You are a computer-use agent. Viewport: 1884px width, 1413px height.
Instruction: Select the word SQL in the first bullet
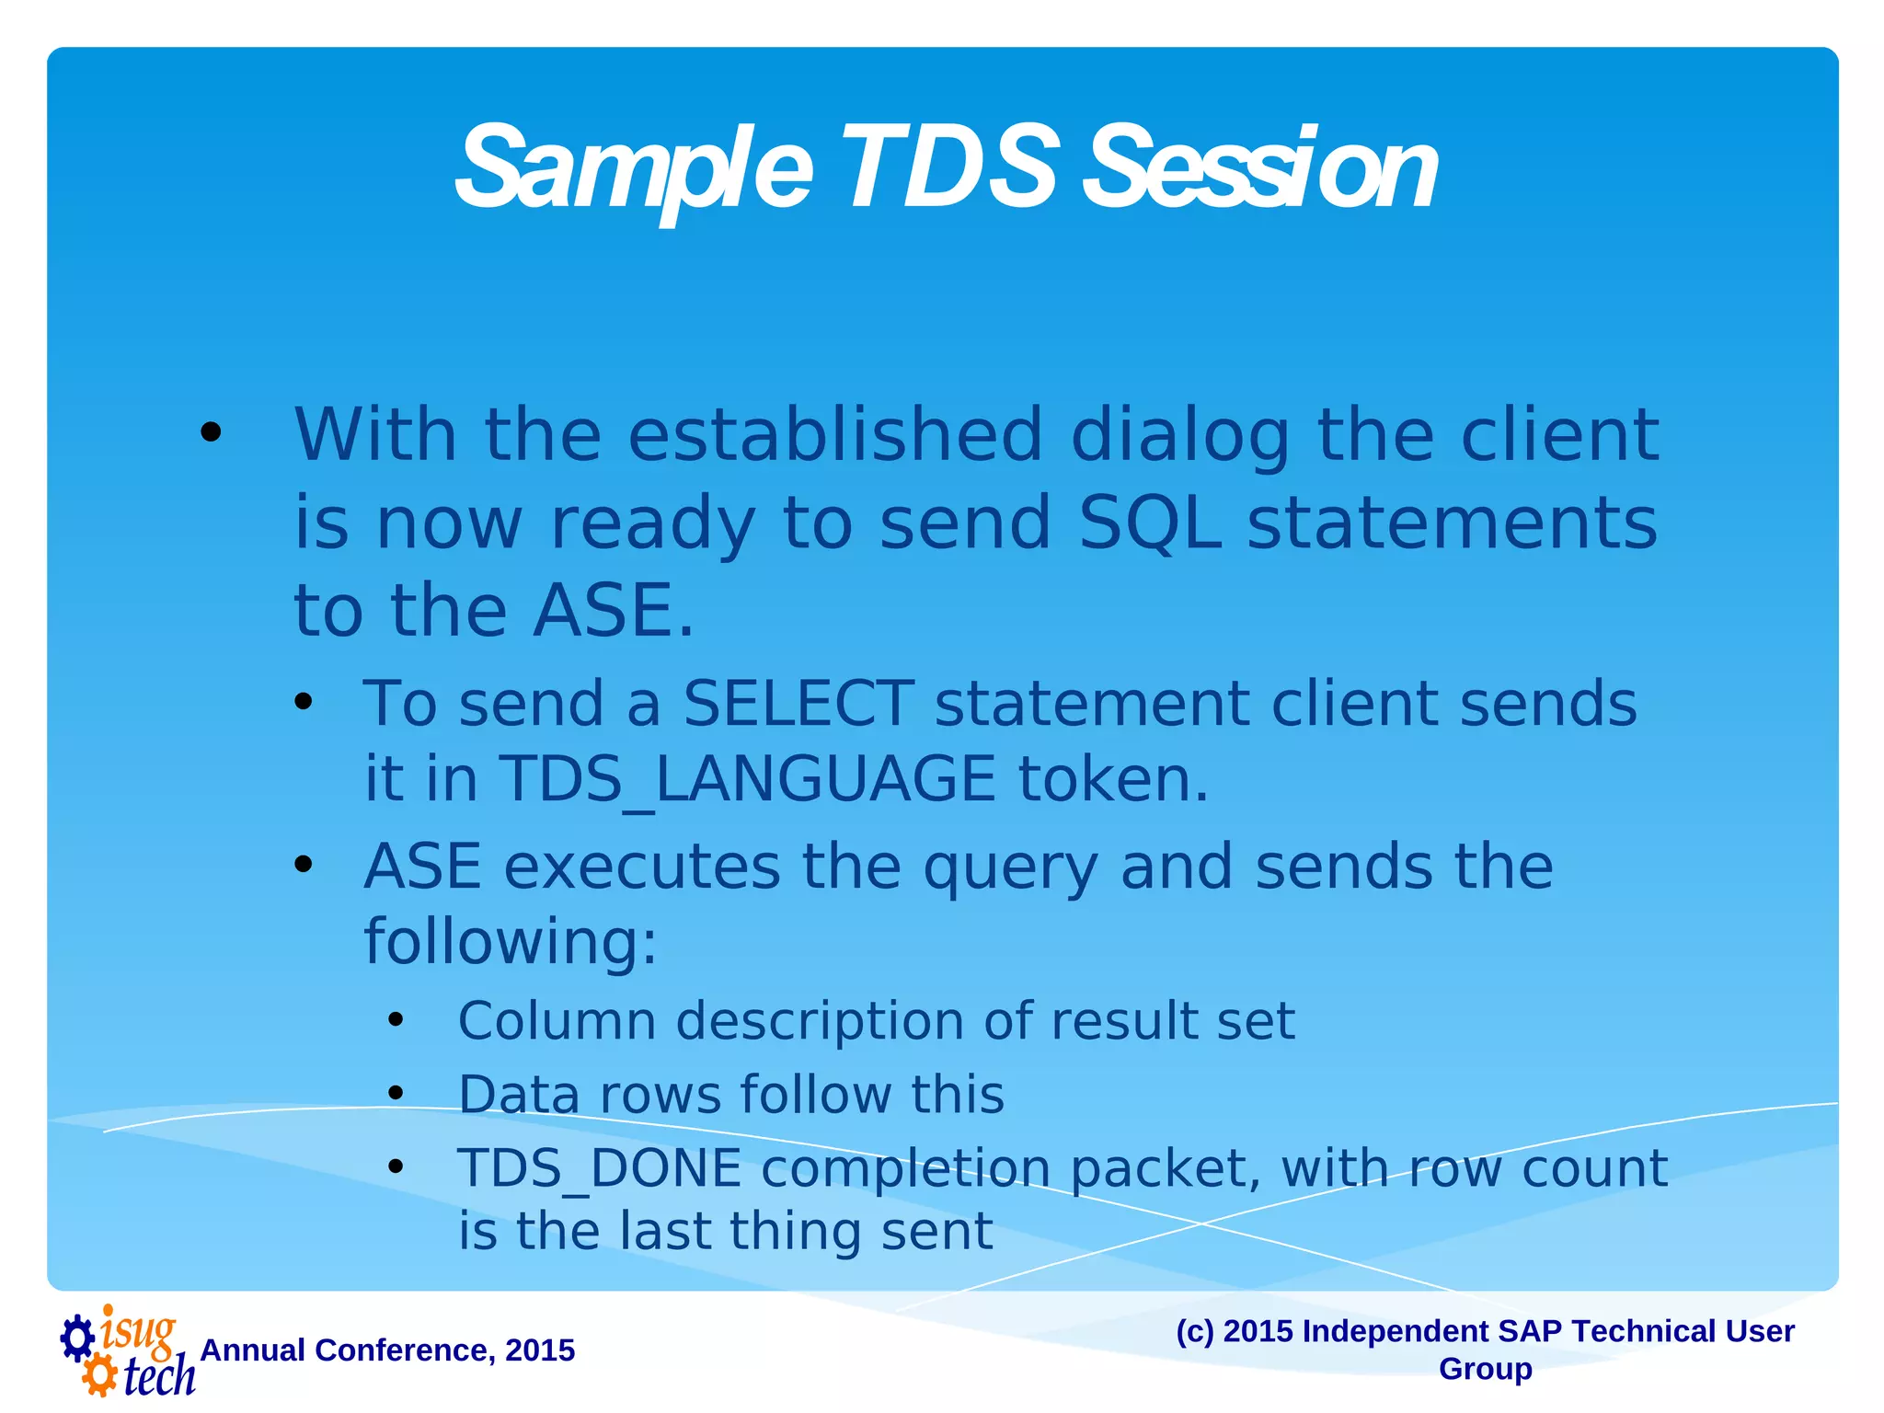tap(1150, 523)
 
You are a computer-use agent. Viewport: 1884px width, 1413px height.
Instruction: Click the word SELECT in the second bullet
tap(798, 704)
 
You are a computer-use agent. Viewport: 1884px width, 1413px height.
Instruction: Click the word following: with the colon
tap(511, 942)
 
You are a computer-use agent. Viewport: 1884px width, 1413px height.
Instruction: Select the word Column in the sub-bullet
tap(557, 1021)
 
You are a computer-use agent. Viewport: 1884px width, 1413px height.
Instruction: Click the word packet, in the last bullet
tap(1165, 1169)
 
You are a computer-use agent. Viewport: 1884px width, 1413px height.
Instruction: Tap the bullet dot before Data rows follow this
tap(396, 1094)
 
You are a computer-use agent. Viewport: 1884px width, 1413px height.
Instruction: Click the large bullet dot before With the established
tap(211, 432)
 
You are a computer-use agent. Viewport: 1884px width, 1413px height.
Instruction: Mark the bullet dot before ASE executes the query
tap(304, 865)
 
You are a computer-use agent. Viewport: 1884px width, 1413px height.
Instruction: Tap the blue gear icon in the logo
tap(77, 1338)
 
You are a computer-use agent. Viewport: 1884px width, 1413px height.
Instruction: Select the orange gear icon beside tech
tap(99, 1376)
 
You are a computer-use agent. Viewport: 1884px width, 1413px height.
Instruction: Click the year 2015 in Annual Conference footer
tap(540, 1350)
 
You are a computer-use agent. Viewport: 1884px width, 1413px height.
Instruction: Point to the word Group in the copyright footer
tap(1485, 1369)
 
